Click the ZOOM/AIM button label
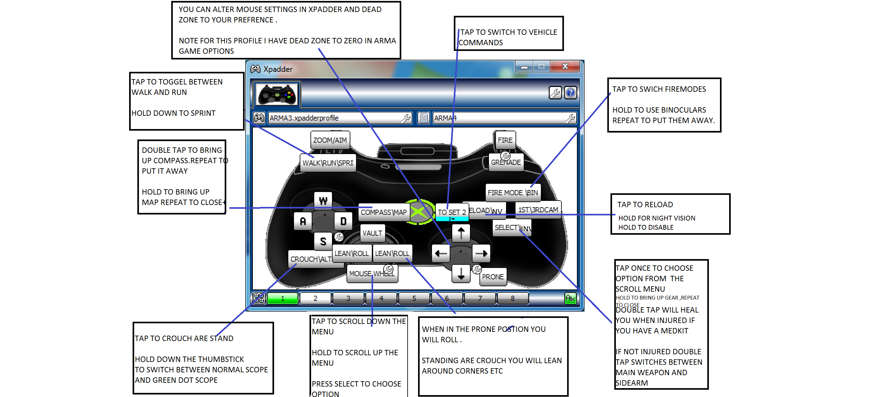point(330,140)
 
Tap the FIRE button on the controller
point(505,140)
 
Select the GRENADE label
point(506,163)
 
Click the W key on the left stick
point(323,201)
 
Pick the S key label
point(323,242)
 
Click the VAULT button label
point(372,233)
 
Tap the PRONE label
point(493,276)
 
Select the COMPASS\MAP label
point(384,212)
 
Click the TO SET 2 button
point(452,212)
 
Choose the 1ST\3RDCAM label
point(538,209)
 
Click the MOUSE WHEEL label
point(372,273)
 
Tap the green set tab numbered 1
point(283,298)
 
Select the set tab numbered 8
point(513,298)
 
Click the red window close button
point(565,66)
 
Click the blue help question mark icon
point(570,93)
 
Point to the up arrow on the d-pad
point(461,233)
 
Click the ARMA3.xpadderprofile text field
point(335,118)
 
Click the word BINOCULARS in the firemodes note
point(683,110)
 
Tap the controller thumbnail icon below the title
point(277,95)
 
